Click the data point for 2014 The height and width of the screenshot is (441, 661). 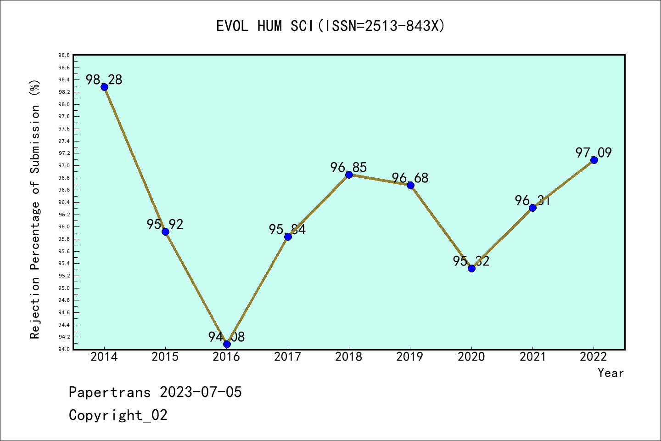[x=104, y=87]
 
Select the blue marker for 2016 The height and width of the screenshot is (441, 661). [x=227, y=344]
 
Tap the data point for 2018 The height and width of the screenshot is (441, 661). [x=349, y=175]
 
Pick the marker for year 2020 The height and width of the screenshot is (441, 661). [x=471, y=268]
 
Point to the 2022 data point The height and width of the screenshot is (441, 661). [x=594, y=160]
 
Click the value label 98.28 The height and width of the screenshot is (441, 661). [x=104, y=79]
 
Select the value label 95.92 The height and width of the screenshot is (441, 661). [x=165, y=224]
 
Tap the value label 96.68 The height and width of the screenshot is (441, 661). [x=410, y=178]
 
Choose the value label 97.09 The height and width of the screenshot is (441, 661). [x=594, y=153]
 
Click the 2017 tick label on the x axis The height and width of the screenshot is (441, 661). [x=288, y=357]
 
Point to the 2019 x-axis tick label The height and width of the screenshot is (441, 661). [x=410, y=357]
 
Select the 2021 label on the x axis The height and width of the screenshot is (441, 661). [x=532, y=357]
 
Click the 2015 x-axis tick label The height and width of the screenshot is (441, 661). [x=165, y=357]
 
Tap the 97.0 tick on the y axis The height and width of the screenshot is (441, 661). [x=64, y=165]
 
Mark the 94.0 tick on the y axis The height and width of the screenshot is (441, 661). [x=64, y=349]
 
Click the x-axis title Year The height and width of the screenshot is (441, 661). [x=611, y=373]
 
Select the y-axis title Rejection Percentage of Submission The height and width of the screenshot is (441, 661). [x=35, y=209]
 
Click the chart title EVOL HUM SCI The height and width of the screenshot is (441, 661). [x=330, y=26]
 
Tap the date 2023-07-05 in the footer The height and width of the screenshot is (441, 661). [x=201, y=392]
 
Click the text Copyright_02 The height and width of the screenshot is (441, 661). [x=118, y=415]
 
